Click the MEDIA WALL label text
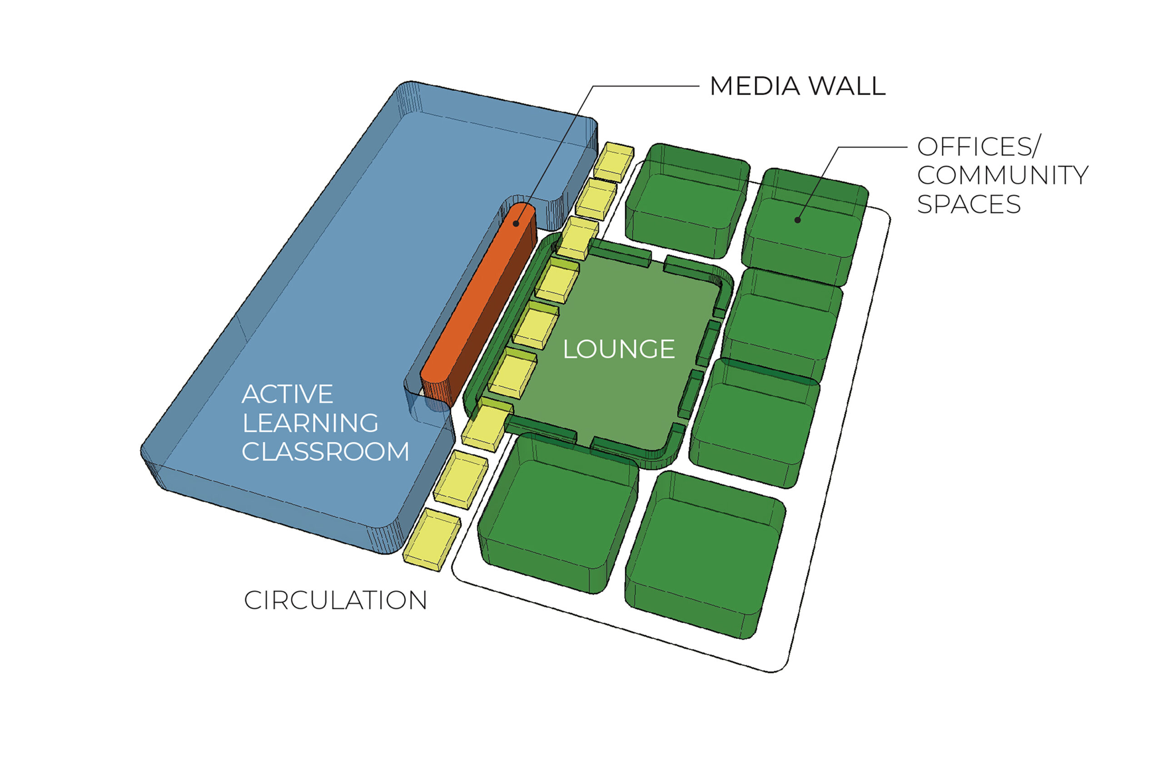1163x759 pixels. (x=797, y=86)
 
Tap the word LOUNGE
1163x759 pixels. (x=619, y=350)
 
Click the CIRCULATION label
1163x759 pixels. (x=335, y=600)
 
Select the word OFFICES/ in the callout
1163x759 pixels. (x=979, y=147)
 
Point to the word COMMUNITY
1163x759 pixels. (x=1003, y=175)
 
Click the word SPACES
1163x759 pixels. (x=969, y=204)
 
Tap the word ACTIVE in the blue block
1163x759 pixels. (x=287, y=394)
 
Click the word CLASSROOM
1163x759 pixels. (x=325, y=452)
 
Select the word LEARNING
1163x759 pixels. (x=310, y=423)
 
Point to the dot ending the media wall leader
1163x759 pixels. (x=516, y=223)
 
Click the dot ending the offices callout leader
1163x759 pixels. (x=797, y=220)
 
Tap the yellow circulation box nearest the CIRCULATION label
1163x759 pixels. (x=431, y=539)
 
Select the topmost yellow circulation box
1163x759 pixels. (x=614, y=162)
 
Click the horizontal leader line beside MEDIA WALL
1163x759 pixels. (x=645, y=86)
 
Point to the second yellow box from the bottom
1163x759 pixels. (x=460, y=479)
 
